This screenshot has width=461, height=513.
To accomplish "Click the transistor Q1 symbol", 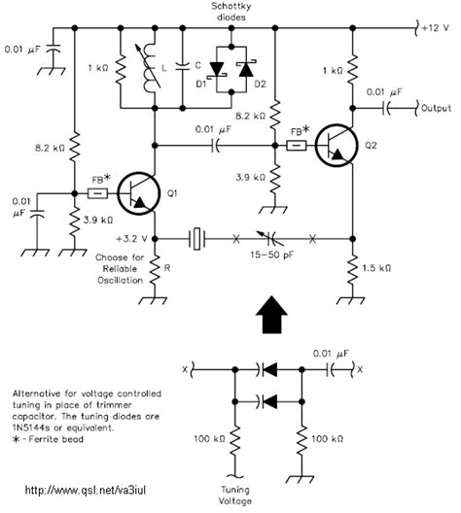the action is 138,193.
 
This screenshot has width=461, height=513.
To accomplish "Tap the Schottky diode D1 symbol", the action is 216,70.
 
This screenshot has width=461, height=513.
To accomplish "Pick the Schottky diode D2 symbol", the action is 246,69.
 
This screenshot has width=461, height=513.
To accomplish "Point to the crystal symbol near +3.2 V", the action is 196,239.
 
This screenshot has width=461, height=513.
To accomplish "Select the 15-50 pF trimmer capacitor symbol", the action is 270,238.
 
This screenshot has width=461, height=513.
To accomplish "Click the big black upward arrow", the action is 271,315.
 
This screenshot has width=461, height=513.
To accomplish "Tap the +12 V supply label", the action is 435,28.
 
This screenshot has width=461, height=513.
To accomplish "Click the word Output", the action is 436,108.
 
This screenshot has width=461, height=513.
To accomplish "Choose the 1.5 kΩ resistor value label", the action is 376,268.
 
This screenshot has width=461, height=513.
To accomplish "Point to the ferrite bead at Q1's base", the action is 97,193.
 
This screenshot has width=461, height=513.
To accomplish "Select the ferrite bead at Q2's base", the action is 297,146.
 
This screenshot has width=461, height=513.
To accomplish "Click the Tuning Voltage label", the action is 235,496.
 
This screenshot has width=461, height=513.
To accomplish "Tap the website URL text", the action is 86,490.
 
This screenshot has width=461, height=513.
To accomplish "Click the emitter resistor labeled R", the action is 155,272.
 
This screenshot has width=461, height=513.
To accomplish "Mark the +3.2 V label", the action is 131,239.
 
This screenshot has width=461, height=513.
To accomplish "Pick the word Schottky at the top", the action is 231,6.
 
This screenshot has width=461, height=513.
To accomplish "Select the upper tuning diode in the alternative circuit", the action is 267,370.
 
